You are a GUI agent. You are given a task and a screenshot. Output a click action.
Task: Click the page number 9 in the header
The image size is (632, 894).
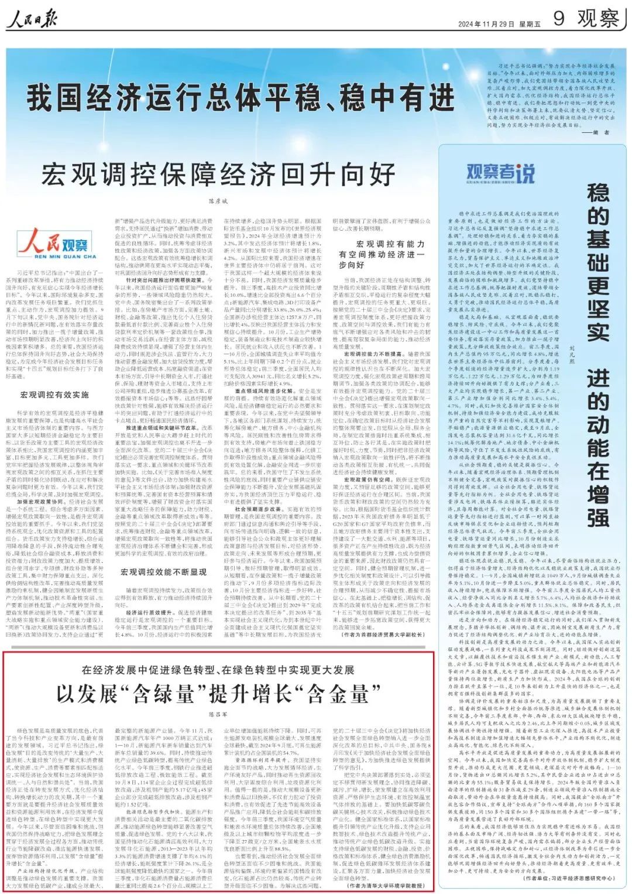click(x=559, y=19)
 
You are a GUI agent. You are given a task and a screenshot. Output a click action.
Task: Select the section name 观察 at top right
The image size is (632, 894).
click(x=597, y=19)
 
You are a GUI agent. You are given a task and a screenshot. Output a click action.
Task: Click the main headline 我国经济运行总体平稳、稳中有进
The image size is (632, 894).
click(x=241, y=97)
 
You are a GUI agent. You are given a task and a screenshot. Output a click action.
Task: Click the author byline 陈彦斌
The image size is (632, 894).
click(x=218, y=201)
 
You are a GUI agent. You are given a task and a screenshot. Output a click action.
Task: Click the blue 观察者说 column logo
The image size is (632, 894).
click(x=500, y=173)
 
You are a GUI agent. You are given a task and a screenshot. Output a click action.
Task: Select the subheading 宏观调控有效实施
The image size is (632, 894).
click(x=54, y=395)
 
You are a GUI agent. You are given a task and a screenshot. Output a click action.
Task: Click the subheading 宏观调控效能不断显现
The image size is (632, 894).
click(x=163, y=571)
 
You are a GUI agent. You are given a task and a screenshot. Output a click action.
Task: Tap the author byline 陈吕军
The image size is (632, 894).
click(x=217, y=714)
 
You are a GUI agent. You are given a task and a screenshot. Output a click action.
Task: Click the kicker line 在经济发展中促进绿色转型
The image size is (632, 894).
click(x=218, y=670)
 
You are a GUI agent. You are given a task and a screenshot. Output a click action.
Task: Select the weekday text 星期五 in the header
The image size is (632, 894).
click(x=530, y=24)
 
